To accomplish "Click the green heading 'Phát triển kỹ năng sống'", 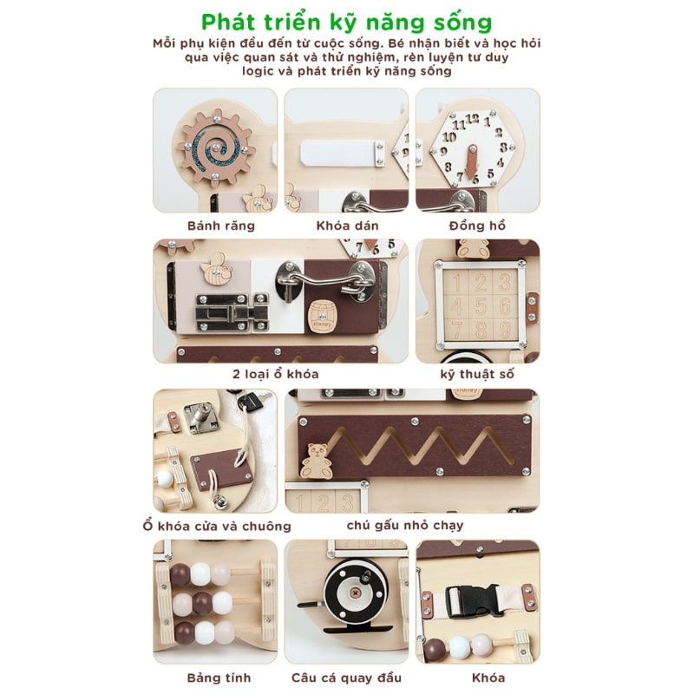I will tap(346, 20).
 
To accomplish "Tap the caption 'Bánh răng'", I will tap(221, 226).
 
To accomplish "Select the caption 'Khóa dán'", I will tap(347, 226).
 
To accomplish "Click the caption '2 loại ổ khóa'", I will tap(276, 374).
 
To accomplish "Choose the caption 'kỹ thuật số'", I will tap(478, 374).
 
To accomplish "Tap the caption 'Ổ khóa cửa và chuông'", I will tap(217, 526).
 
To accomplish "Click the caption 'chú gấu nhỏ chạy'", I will tap(404, 525).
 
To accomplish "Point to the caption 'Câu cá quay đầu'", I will tap(347, 677).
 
